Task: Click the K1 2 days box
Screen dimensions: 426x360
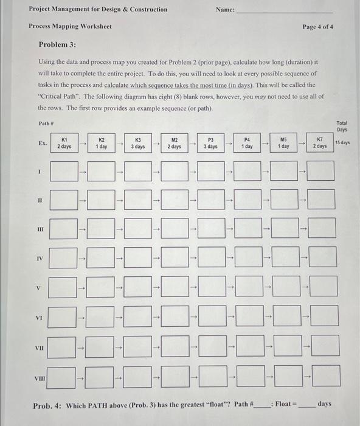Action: click(64, 143)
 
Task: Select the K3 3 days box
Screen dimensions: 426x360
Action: click(138, 143)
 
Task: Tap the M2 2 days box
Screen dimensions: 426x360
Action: click(175, 143)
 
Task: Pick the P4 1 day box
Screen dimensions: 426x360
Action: click(247, 143)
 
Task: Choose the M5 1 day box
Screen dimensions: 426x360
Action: click(283, 143)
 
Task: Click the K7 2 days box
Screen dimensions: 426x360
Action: click(320, 143)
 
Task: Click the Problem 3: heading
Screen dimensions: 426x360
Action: click(58, 46)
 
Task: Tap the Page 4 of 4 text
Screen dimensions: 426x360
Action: click(317, 27)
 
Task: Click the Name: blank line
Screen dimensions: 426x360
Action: click(285, 11)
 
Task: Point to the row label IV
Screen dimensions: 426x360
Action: click(40, 259)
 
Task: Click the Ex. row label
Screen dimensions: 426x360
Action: click(41, 143)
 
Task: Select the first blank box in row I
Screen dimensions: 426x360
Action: click(64, 171)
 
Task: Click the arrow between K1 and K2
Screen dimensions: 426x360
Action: click(83, 143)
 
